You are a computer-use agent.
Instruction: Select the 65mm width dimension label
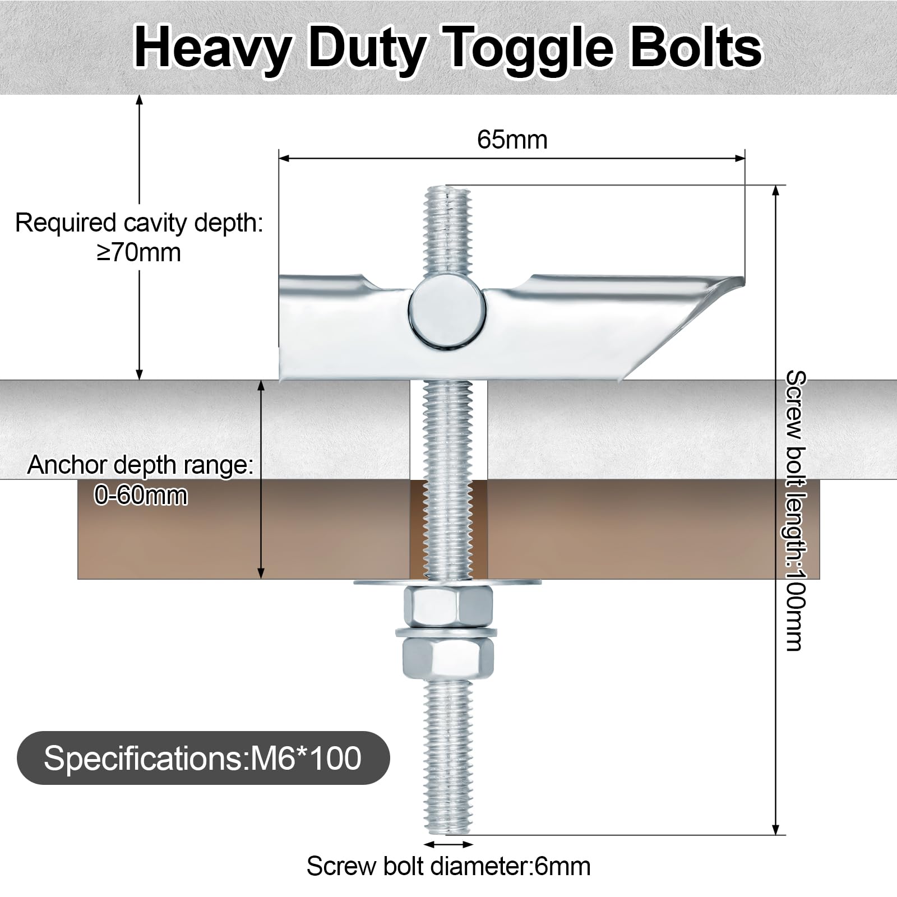[512, 140]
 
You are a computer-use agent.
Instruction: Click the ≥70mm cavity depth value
[138, 252]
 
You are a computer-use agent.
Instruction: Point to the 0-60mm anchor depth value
[141, 496]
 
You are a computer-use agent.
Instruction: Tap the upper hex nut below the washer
[448, 607]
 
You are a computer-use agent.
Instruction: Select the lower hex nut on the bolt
[448, 658]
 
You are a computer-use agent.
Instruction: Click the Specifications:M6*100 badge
[203, 758]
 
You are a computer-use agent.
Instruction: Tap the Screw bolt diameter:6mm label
[449, 866]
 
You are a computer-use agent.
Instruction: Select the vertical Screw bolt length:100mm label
[796, 510]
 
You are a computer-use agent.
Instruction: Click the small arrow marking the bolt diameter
[448, 844]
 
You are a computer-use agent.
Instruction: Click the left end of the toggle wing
[280, 325]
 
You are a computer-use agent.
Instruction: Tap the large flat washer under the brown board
[448, 583]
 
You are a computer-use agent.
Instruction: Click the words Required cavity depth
[139, 223]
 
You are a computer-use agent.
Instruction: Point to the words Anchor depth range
[140, 466]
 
